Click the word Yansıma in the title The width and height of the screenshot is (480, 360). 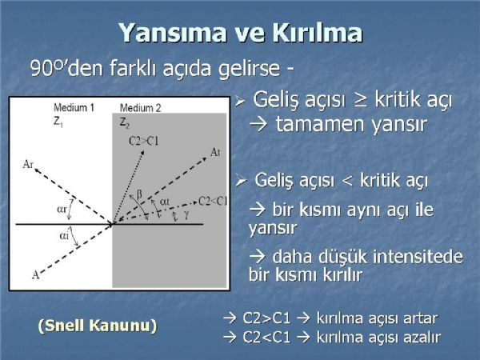tap(173, 33)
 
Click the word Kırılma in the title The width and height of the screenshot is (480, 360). tap(317, 32)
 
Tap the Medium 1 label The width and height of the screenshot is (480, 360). tap(74, 107)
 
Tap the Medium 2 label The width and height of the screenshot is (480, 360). tap(140, 108)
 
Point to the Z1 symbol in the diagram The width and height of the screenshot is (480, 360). tap(58, 122)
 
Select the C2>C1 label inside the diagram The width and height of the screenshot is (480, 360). tap(143, 141)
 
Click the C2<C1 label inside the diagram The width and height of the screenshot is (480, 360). tap(213, 201)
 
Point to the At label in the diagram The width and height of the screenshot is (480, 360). tap(215, 152)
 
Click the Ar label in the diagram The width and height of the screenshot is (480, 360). tap(28, 165)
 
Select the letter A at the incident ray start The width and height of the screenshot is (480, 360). tap(36, 275)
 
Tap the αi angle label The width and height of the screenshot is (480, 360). tap(64, 236)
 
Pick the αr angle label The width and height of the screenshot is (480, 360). tap(62, 210)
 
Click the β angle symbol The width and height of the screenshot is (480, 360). tap(139, 194)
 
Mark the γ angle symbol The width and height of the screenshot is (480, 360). tap(186, 215)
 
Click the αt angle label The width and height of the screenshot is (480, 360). tap(165, 202)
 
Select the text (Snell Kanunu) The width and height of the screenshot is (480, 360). tap(98, 325)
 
